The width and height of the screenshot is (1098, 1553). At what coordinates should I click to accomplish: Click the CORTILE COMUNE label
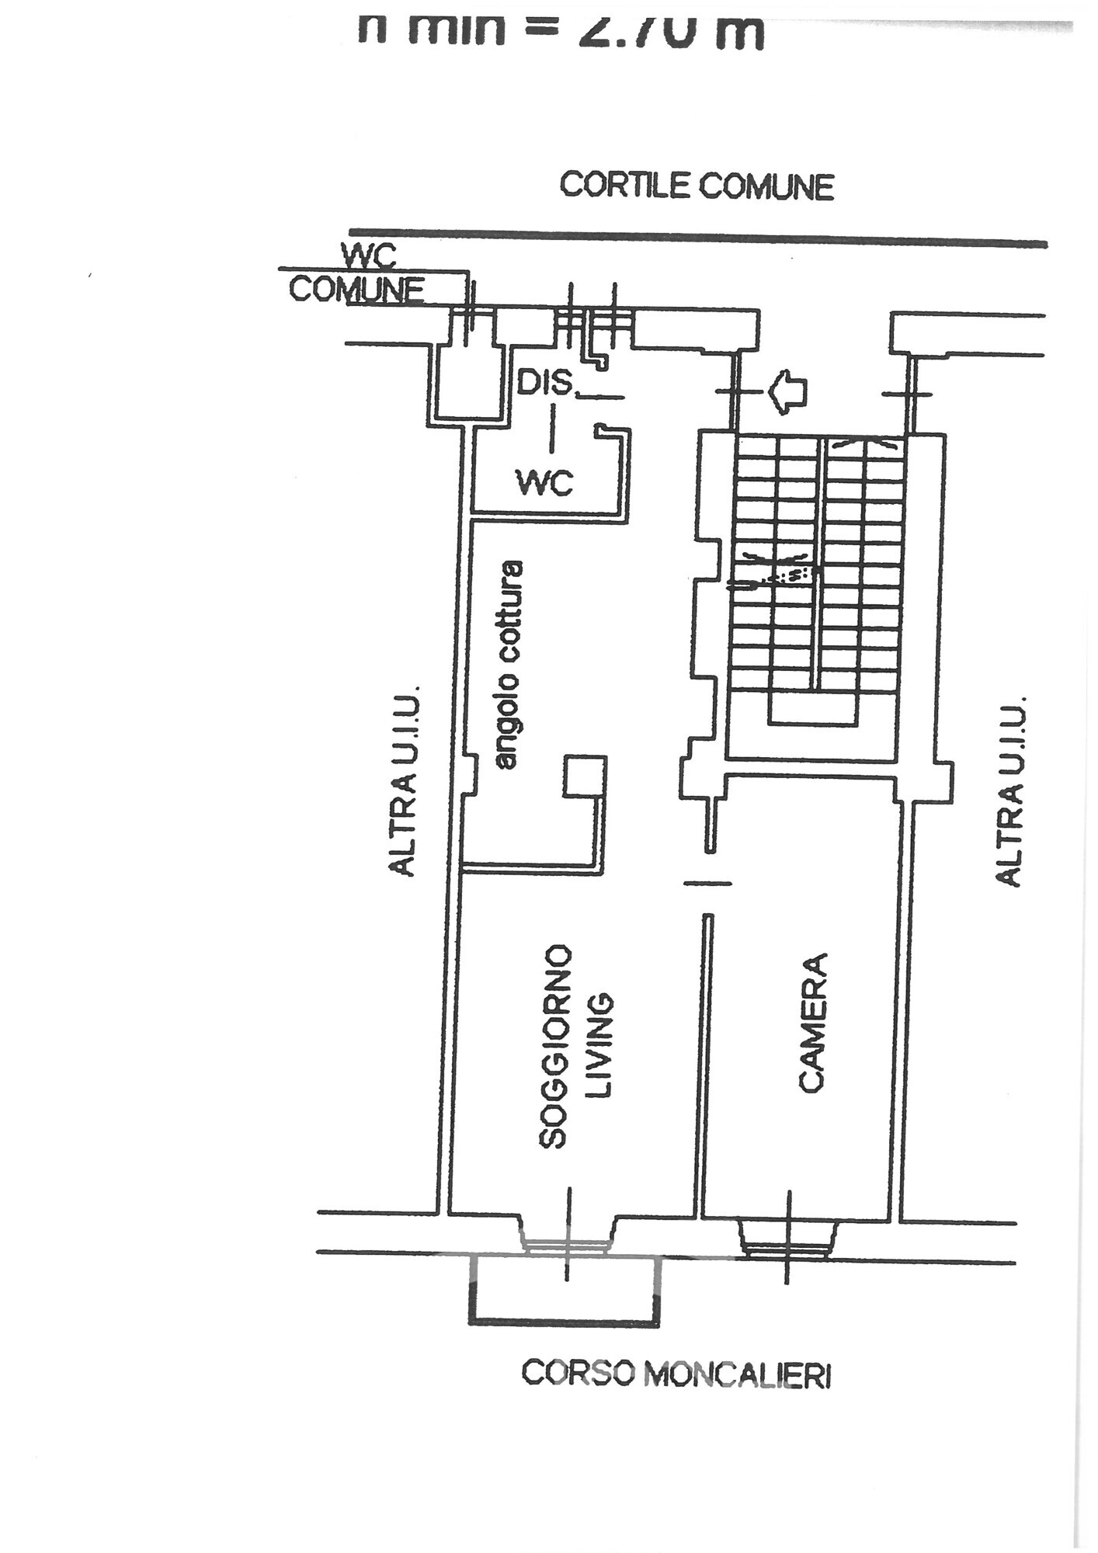[697, 186]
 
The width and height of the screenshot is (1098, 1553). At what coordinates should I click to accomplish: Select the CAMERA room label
[811, 1023]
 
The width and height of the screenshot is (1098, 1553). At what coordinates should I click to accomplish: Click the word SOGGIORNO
[556, 1046]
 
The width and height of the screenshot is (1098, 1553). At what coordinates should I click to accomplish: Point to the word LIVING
[600, 1046]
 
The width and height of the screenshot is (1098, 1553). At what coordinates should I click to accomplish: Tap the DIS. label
[545, 383]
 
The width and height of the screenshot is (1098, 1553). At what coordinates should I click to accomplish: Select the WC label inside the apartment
[545, 483]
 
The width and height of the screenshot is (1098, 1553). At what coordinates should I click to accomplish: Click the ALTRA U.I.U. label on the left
[403, 780]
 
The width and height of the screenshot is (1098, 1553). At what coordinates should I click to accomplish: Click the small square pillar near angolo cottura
[584, 776]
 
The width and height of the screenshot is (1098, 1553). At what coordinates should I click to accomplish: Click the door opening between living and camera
[707, 883]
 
